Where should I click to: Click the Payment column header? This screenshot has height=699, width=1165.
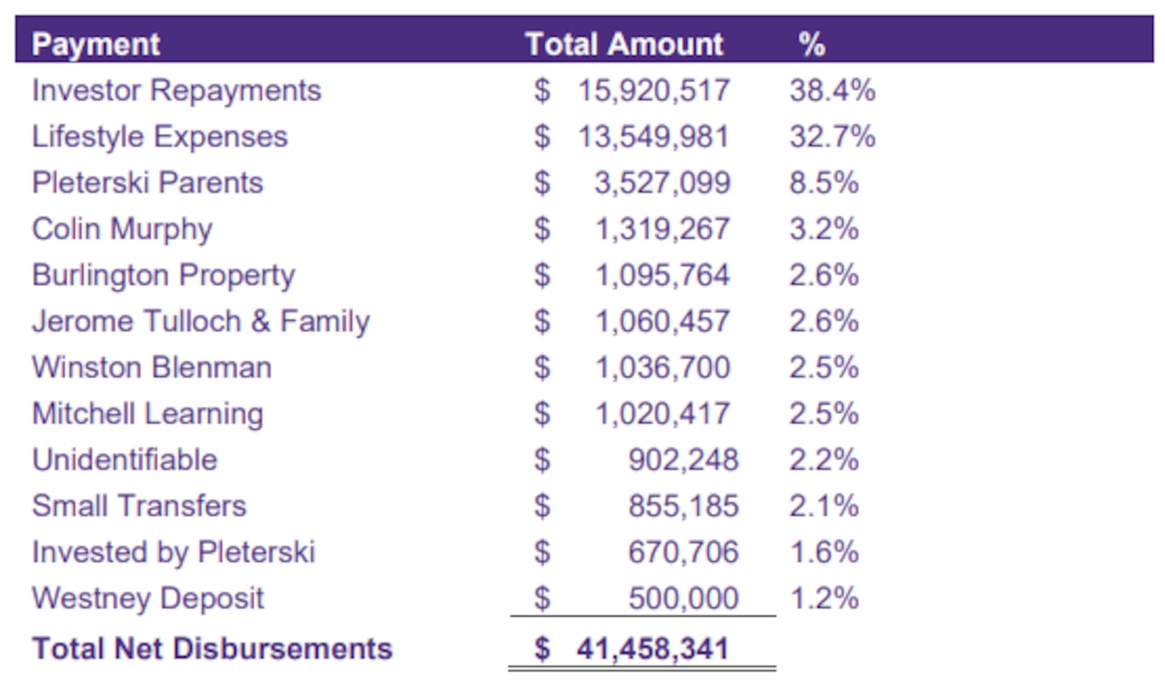tap(95, 44)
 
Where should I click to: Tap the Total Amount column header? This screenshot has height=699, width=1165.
tap(624, 44)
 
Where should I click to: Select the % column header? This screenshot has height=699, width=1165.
tap(811, 44)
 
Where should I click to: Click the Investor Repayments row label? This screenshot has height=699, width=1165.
tap(176, 91)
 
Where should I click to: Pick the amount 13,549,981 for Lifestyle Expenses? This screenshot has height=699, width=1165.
tap(653, 137)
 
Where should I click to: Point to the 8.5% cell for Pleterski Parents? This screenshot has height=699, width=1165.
tap(824, 183)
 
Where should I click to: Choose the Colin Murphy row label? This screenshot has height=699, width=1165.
tap(122, 229)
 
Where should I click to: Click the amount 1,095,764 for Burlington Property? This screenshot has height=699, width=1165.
tap(663, 275)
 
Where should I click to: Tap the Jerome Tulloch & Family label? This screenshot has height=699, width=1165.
tap(201, 321)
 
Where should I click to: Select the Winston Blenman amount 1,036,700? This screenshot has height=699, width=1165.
tap(663, 367)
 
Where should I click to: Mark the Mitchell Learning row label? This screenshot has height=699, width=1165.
tap(147, 413)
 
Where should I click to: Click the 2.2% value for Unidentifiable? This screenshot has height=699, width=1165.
tap(824, 460)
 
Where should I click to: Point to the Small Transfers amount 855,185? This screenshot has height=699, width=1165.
tap(683, 506)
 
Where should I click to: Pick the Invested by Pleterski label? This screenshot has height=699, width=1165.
tap(173, 552)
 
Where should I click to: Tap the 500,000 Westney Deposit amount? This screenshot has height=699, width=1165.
tap(683, 598)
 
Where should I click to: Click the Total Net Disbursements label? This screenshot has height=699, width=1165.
tap(212, 648)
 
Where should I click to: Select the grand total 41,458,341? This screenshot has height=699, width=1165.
tap(652, 648)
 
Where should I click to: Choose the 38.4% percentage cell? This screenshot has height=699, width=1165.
tap(832, 91)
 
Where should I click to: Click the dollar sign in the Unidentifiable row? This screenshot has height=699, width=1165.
tap(542, 460)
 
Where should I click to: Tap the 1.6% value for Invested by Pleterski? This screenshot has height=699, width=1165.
tap(824, 552)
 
